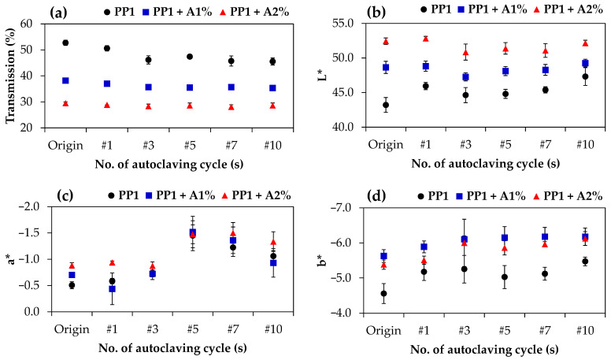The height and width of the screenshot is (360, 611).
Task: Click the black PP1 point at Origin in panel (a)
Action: point(65,43)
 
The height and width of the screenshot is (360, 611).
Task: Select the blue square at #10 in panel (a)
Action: point(272,88)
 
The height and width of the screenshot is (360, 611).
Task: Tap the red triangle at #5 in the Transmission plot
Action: point(190,106)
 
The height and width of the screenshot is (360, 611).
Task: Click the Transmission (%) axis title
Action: point(11,76)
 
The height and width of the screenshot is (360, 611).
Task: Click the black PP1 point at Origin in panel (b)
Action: point(386,105)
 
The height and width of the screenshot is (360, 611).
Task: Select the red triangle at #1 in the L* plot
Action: point(425,39)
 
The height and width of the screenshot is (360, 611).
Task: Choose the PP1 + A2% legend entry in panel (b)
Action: point(568,9)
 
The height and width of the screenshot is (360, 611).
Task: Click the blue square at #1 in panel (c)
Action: point(113,289)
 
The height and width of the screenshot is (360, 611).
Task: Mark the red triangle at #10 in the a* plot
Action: point(273,242)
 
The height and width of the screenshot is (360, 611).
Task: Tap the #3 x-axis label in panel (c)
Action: point(152,329)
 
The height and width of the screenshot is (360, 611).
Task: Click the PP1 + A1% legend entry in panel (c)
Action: point(181,195)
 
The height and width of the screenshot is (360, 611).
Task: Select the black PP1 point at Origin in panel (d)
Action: point(383,293)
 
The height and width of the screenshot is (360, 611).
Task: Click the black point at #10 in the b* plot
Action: point(585,262)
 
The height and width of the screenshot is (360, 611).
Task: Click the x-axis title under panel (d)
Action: point(484,349)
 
